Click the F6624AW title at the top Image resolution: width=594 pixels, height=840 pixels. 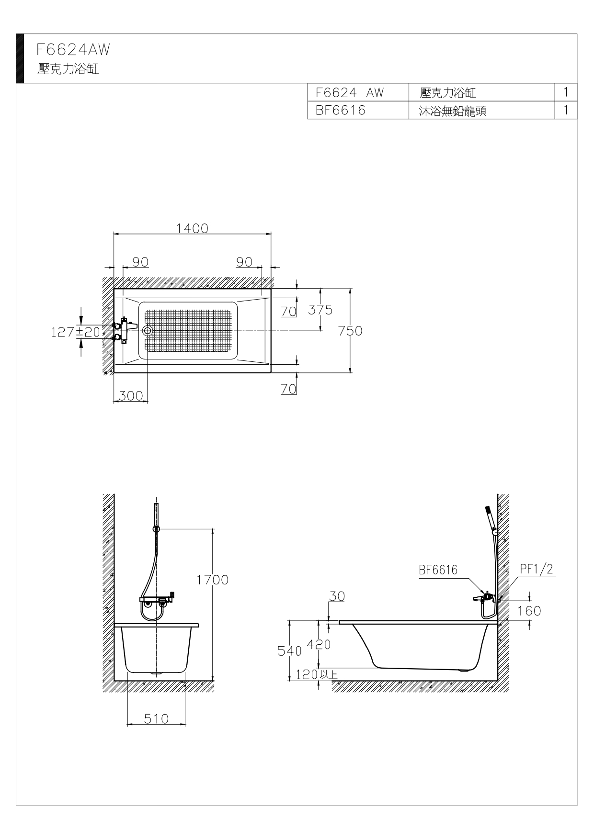pos(73,49)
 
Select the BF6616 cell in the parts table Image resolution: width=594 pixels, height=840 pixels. pos(341,110)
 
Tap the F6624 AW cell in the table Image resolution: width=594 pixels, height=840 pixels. pos(350,92)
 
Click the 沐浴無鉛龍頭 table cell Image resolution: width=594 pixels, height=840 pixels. pos(453,111)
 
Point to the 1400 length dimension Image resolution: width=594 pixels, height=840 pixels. pos(192,228)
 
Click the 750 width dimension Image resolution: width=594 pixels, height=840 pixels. pos(350,331)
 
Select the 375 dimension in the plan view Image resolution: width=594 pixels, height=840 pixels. pos(320,310)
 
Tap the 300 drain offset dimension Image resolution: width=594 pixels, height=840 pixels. pos(131,396)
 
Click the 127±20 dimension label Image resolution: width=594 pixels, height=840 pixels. pos(76,332)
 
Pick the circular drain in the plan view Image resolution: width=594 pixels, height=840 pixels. pos(148,330)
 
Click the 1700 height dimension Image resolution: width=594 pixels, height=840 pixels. pos(212,580)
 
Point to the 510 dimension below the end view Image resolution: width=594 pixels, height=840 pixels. pos(156,718)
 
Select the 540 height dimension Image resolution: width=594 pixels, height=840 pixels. pos(290,651)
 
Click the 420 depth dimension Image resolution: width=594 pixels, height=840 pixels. pos(319,644)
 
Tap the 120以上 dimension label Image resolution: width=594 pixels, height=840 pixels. pos(317,674)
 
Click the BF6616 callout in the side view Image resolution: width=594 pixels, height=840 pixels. pos(438,570)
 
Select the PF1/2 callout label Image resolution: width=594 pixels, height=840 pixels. pos(537,569)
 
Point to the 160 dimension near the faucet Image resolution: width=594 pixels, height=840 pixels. pos(529,611)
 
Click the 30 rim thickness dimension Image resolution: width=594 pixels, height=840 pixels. pos(337,596)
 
